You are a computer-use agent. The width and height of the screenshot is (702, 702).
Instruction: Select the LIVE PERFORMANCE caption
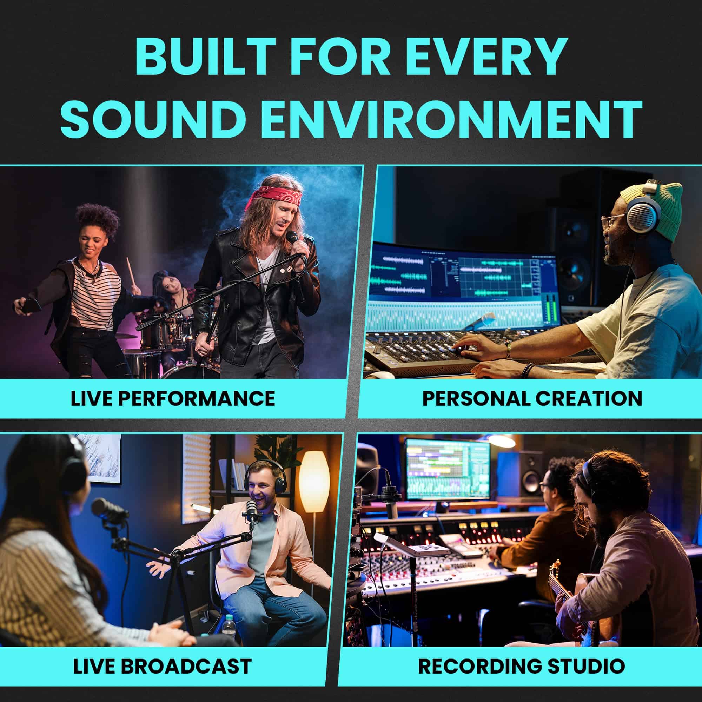[173, 398]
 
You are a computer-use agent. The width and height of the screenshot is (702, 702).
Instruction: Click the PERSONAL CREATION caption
[532, 398]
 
